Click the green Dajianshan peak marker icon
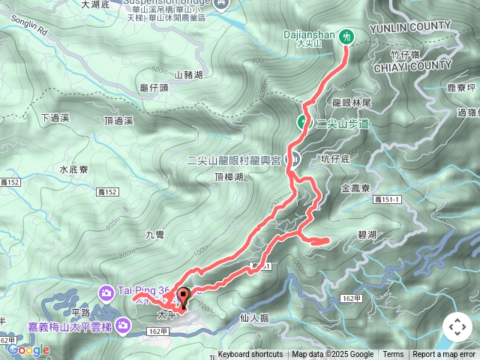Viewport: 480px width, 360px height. (346, 34)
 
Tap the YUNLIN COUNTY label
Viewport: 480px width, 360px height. (411, 26)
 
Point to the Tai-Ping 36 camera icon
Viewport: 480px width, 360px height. (106, 291)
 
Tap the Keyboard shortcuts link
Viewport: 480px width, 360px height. (250, 355)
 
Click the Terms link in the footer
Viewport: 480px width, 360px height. (393, 355)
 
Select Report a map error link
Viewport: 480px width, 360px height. (444, 355)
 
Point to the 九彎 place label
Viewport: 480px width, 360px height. (154, 235)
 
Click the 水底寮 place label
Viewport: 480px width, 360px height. (74, 169)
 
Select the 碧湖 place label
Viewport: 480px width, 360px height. (367, 235)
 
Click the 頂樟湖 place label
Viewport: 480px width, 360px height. (228, 177)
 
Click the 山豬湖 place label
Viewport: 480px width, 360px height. (188, 75)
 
